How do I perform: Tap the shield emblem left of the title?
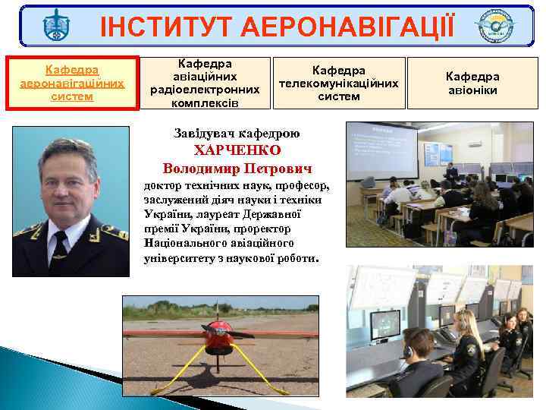(x=55, y=27)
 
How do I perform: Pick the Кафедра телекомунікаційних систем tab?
(x=339, y=83)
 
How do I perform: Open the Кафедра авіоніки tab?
(x=472, y=83)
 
